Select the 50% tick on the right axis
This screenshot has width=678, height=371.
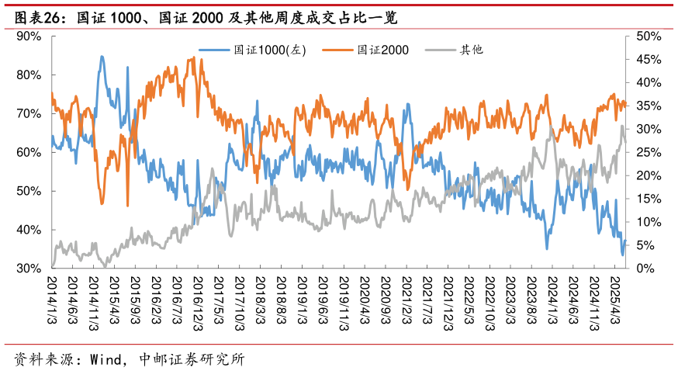[647, 36]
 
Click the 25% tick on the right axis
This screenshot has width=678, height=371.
[647, 152]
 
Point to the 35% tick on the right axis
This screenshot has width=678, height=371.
[647, 106]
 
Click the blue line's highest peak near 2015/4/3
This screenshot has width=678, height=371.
[102, 57]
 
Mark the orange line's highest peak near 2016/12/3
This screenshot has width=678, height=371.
[192, 57]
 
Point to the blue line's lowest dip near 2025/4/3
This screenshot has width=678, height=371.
[622, 255]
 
